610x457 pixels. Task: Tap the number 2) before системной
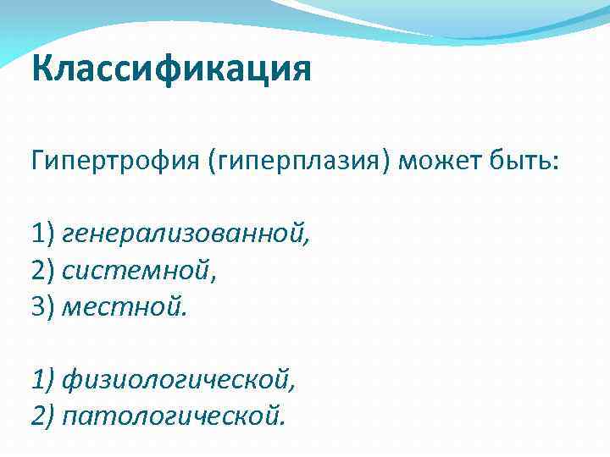(x=43, y=270)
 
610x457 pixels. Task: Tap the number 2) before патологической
(x=43, y=416)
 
